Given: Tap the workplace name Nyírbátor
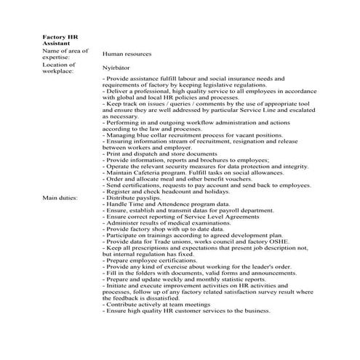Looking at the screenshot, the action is [119, 66].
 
